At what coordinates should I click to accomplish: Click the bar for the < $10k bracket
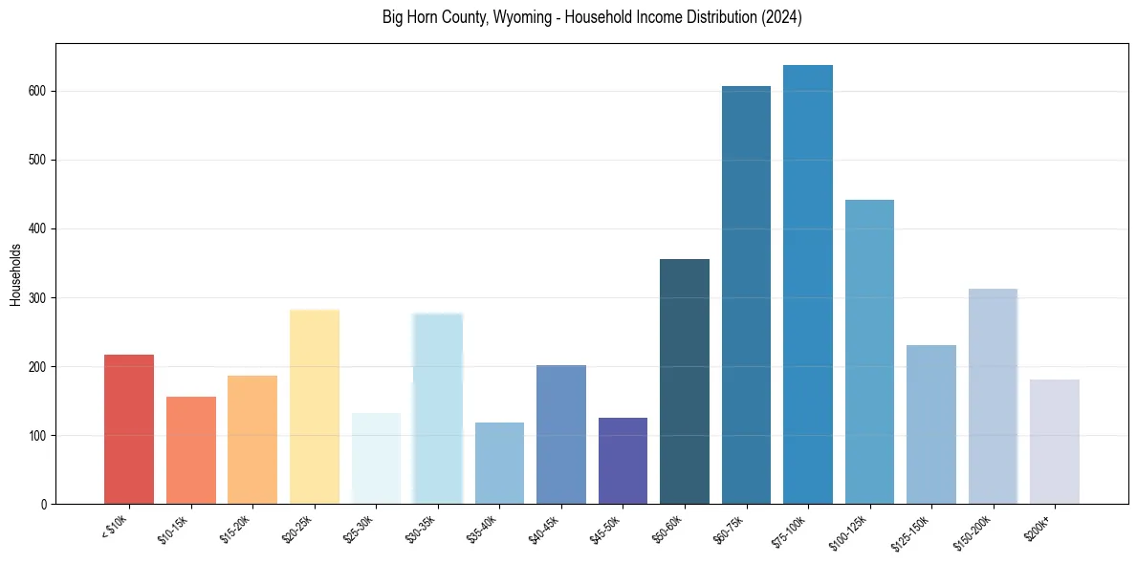pyautogui.click(x=129, y=429)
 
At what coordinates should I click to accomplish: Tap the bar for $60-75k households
pyautogui.click(x=746, y=295)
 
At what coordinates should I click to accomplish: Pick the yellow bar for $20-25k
pyautogui.click(x=314, y=406)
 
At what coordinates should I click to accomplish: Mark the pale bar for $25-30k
pyautogui.click(x=376, y=459)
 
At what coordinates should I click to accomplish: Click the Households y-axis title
pyautogui.click(x=15, y=274)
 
